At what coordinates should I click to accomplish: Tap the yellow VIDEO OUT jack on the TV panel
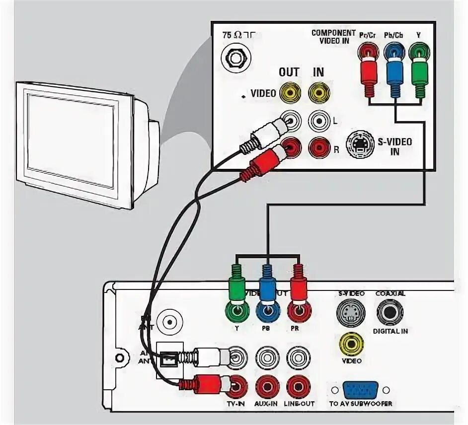click(289, 92)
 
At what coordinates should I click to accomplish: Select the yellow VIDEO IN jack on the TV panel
click(318, 92)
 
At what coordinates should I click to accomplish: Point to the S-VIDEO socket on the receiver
click(350, 313)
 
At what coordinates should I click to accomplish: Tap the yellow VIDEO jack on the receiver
click(351, 342)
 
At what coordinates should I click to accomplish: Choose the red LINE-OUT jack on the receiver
click(298, 385)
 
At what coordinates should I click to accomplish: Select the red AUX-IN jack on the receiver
click(266, 385)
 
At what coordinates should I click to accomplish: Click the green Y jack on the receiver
click(236, 312)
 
